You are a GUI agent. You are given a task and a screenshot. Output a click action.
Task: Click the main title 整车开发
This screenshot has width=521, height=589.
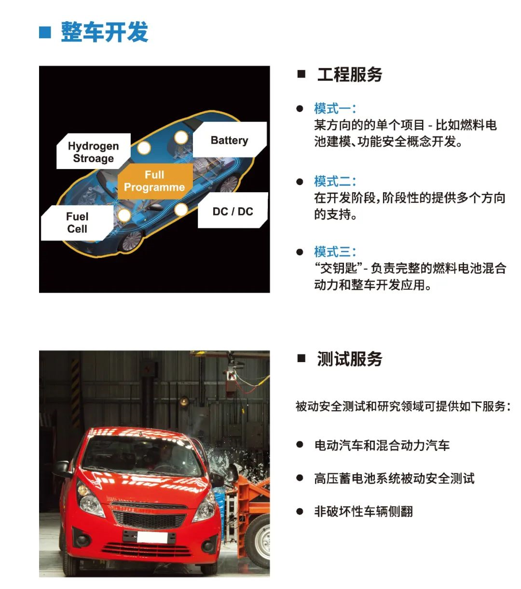point(104,32)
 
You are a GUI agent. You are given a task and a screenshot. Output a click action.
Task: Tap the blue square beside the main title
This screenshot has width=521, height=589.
point(45,32)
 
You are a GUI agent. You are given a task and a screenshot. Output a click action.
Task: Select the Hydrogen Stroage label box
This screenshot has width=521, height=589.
point(93,152)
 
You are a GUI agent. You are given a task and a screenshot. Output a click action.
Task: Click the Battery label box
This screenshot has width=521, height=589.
point(229,140)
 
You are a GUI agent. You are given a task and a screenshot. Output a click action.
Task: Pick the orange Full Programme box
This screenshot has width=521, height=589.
point(154,181)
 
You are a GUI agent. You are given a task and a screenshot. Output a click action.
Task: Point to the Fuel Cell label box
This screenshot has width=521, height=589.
point(77,223)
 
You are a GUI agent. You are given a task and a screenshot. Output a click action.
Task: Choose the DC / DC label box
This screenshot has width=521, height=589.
point(233,211)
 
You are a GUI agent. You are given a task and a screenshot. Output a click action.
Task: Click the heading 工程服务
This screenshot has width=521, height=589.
point(350,74)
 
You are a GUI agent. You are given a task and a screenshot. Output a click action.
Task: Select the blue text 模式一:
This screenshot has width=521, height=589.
point(335,108)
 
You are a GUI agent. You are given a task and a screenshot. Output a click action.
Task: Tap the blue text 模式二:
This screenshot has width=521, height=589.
point(335,181)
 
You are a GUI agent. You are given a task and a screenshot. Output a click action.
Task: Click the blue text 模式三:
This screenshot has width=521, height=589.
point(335,252)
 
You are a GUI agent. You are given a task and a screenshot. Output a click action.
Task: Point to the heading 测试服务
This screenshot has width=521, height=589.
point(350,359)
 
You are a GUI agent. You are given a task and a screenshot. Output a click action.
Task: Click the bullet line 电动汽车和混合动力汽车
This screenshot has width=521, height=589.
point(382,445)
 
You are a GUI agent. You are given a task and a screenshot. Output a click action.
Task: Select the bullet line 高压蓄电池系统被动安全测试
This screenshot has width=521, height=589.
point(394,478)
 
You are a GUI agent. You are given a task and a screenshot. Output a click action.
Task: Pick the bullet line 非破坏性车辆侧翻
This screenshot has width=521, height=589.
point(363,511)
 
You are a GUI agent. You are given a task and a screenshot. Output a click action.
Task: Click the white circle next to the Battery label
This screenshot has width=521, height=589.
point(181,138)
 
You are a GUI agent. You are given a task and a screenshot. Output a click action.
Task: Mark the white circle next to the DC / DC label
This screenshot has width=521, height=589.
point(181,210)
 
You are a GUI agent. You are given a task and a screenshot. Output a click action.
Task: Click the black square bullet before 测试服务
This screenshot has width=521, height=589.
point(302,358)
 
